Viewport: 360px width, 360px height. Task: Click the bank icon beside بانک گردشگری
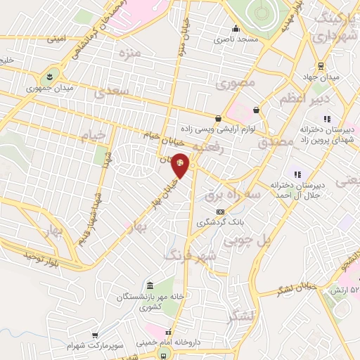(x=220, y=212)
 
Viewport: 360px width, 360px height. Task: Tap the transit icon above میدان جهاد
(x=321, y=66)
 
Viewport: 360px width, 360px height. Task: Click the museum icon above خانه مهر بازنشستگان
(x=150, y=285)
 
